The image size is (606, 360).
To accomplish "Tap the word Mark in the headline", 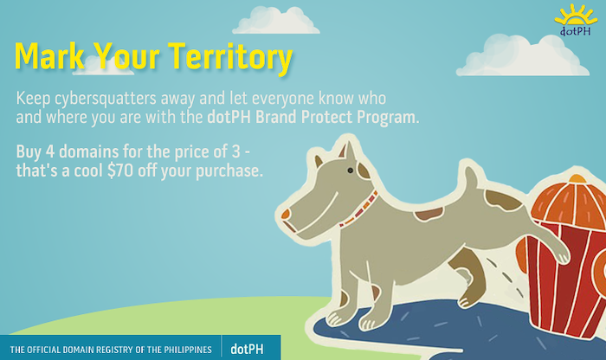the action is click(x=49, y=55).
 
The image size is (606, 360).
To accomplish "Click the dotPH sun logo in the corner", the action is click(x=576, y=21).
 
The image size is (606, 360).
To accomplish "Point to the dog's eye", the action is click(x=350, y=170).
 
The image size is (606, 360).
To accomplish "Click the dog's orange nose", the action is click(x=287, y=214).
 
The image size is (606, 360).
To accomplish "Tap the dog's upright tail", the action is click(x=471, y=180).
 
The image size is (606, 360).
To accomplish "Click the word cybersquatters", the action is click(x=105, y=99).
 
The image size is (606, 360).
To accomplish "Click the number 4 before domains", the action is click(x=50, y=151).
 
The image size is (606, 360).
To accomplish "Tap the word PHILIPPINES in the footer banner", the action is click(x=188, y=350).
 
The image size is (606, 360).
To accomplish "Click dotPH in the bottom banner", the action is click(x=247, y=350).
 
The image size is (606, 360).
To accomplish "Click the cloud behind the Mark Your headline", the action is click(x=101, y=66).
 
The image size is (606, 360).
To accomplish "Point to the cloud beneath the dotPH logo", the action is click(x=523, y=55).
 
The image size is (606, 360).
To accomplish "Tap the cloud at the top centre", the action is click(x=275, y=21).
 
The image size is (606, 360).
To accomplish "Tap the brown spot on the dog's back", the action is click(x=429, y=214).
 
